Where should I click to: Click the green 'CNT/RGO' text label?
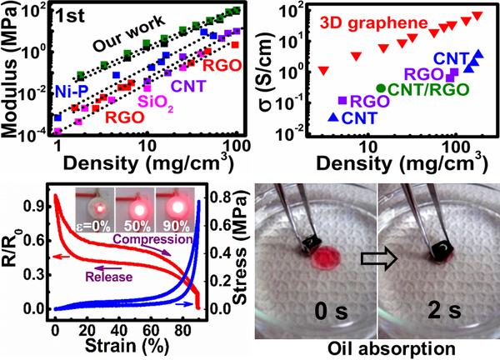click(428, 87)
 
